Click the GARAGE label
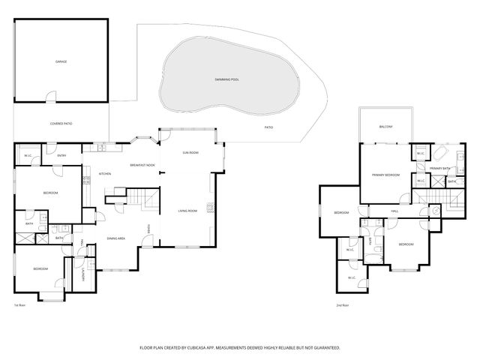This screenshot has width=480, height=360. (x=61, y=61)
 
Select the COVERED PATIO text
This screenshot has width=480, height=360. (x=61, y=123)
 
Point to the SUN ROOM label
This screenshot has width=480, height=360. (x=190, y=152)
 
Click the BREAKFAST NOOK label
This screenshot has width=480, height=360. (x=142, y=165)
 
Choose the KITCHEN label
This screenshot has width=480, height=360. (x=105, y=174)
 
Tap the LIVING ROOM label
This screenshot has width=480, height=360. (x=187, y=211)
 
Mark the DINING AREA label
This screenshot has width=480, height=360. (x=115, y=238)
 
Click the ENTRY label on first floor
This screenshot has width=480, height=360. (x=62, y=155)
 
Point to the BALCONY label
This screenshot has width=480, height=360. (x=386, y=127)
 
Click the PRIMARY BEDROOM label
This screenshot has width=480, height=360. (x=385, y=175)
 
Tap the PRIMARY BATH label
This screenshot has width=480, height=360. (x=439, y=169)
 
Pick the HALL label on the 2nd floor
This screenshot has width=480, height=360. (x=394, y=211)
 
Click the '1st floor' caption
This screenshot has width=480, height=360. (x=20, y=305)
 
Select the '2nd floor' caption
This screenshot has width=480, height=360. (x=343, y=305)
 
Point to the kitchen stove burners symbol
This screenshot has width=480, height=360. (x=96, y=180)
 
